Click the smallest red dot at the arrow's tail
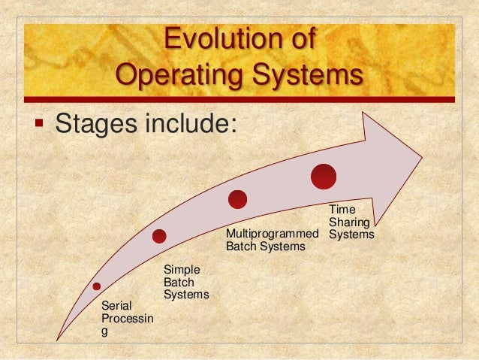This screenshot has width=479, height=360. point(97,286)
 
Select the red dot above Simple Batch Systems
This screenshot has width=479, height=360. point(159,236)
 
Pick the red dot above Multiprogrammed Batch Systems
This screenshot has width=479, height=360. point(238,199)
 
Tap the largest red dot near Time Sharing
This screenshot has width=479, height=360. point(324,177)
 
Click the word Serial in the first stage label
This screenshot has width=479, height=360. point(115,307)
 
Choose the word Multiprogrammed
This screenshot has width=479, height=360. point(272,234)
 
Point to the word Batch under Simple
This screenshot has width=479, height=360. point(178,282)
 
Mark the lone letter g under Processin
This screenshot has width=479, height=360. point(104,333)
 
